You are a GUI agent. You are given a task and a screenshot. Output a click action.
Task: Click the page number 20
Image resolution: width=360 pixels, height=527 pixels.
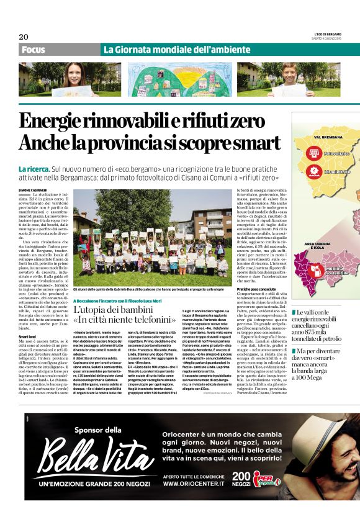(24, 37)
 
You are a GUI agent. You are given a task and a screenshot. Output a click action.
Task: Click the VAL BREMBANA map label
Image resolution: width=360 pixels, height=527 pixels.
(317, 137)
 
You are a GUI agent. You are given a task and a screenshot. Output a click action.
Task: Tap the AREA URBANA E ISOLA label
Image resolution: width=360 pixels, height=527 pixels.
(317, 246)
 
